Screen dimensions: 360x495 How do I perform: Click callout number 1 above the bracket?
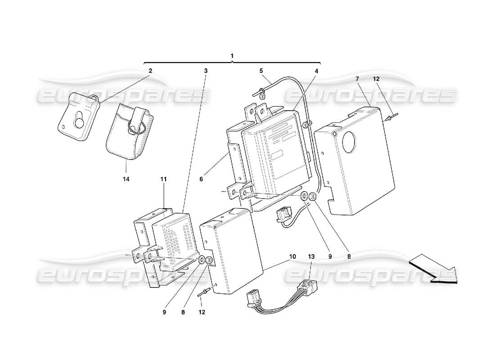coord(232,56)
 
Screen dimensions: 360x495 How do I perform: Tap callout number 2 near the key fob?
coord(150,71)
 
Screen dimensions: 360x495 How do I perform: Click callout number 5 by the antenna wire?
coord(261,71)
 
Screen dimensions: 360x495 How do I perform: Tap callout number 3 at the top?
coord(206,71)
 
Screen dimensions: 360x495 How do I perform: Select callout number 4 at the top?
coord(316,71)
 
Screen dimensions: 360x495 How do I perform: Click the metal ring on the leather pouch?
coord(134,127)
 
